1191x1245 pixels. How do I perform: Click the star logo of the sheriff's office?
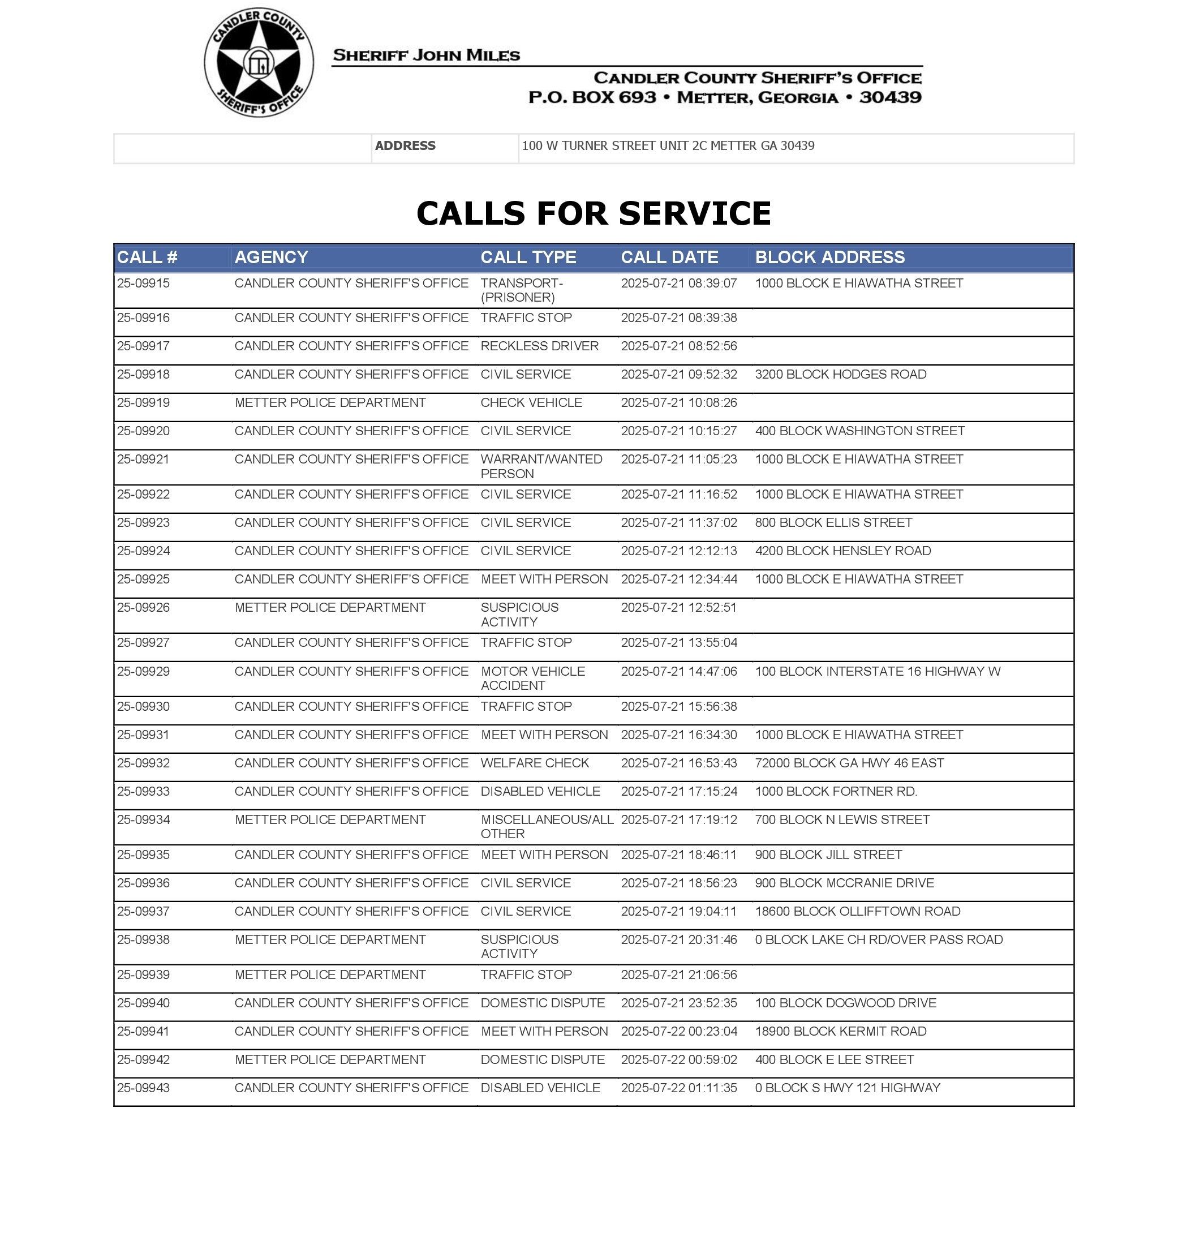click(259, 63)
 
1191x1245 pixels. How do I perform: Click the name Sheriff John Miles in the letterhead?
click(426, 55)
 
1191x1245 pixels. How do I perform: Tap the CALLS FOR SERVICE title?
click(594, 213)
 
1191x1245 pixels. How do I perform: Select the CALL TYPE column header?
click(528, 257)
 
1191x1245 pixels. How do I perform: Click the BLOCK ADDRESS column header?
click(830, 257)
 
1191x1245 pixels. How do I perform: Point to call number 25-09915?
click(144, 283)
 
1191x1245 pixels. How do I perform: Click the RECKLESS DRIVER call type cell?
click(540, 346)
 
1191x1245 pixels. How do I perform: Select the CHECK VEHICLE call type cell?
click(531, 402)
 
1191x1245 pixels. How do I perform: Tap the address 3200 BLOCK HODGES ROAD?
click(841, 375)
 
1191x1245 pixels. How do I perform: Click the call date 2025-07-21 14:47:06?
click(678, 671)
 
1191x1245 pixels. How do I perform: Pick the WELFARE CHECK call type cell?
click(535, 762)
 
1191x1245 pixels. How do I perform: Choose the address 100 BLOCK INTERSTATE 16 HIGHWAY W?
click(878, 671)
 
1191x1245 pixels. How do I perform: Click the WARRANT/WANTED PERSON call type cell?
click(541, 466)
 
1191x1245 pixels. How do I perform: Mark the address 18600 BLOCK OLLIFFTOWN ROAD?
click(857, 911)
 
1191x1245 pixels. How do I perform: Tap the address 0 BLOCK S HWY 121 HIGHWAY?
click(848, 1088)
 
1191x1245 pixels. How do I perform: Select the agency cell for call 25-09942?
click(330, 1059)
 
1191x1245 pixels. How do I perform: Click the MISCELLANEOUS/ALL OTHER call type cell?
click(547, 826)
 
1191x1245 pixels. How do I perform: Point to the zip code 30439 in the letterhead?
click(890, 97)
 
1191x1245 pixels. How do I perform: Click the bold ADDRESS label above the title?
click(405, 145)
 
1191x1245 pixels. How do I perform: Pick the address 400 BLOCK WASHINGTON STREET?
click(859, 431)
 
